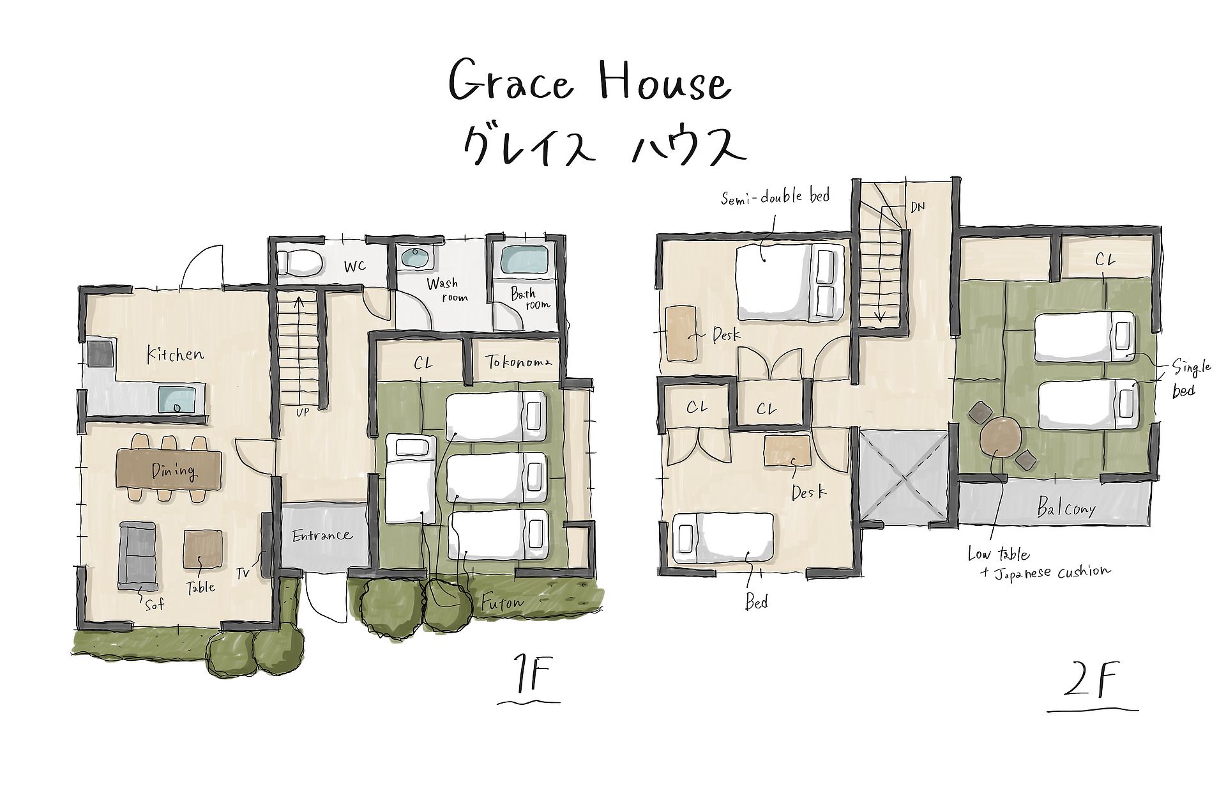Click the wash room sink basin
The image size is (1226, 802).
417,259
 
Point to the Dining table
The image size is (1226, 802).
169,470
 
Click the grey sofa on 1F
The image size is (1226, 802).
138,555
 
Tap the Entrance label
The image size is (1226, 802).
322,536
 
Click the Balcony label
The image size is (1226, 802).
1066,508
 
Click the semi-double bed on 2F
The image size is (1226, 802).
791,283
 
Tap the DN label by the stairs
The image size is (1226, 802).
918,206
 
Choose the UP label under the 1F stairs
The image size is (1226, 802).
302,413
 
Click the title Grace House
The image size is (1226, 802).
589,81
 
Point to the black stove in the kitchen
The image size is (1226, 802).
100,354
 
